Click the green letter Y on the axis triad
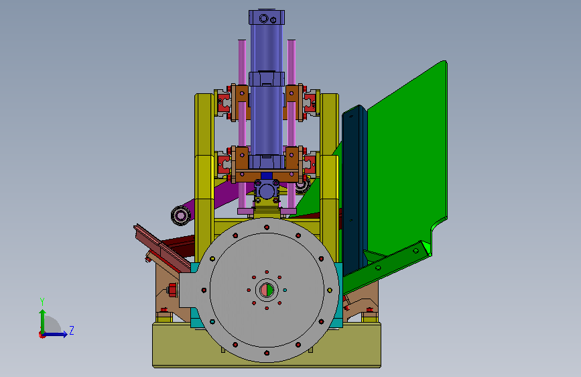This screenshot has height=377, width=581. [x=42, y=301]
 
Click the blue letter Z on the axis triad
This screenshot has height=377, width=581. [x=72, y=330]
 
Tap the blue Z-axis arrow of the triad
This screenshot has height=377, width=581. [x=56, y=334]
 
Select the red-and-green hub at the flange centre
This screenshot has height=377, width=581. [x=267, y=290]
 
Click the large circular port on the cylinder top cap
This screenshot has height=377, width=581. [x=263, y=18]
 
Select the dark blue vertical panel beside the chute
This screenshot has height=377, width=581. [x=354, y=186]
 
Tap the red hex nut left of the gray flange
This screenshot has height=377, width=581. [x=172, y=290]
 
